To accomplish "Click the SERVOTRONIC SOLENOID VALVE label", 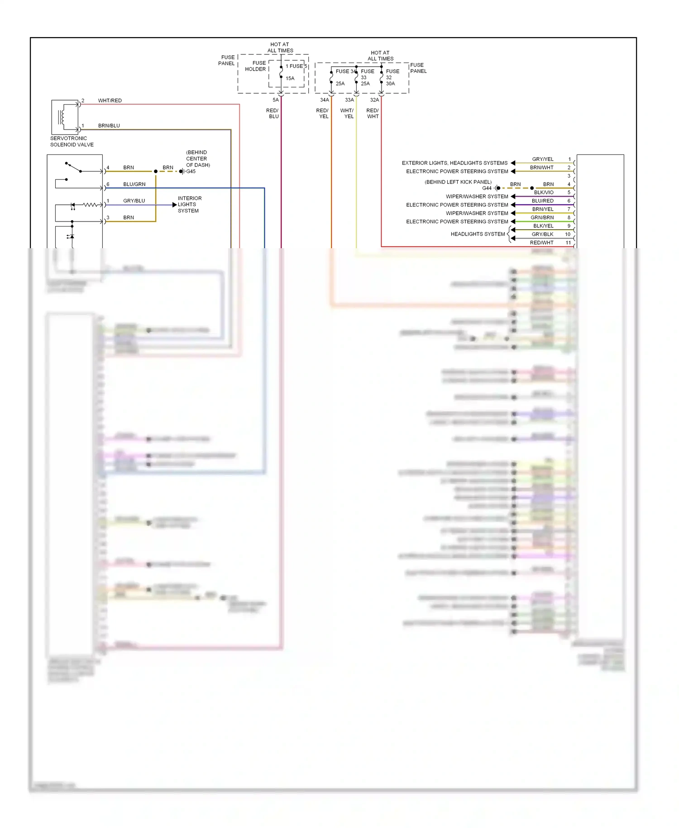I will [72, 141].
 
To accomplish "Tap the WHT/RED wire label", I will [110, 101].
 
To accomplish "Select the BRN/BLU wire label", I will [109, 125].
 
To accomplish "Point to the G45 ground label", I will [191, 172].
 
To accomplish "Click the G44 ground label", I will [487, 188].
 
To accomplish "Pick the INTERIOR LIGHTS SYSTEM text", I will [189, 204].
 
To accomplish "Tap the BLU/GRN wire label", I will [134, 184].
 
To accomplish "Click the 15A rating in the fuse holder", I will [290, 78].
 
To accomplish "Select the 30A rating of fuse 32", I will [390, 84].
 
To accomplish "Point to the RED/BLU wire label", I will [273, 113].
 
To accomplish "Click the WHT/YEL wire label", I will [347, 113].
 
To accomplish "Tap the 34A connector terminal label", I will [324, 100].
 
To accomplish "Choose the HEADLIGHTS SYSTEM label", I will [478, 234].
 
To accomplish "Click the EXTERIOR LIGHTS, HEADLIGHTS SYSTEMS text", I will [454, 163].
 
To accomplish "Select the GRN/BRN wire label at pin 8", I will [542, 217].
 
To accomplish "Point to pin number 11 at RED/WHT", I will [568, 243].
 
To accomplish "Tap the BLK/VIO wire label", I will [543, 193].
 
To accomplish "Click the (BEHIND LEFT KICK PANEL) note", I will [458, 182].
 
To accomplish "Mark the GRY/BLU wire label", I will [134, 201].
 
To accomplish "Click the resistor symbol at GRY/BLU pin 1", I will [90, 205].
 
